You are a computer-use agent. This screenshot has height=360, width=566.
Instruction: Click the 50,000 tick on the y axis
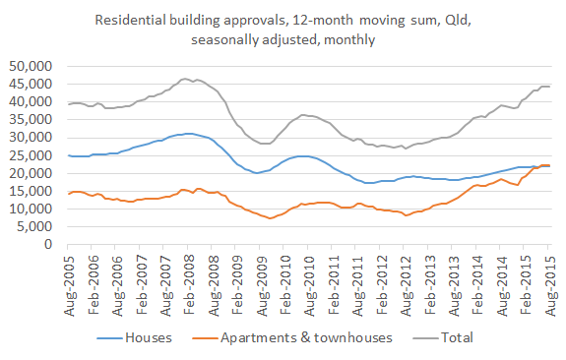34,66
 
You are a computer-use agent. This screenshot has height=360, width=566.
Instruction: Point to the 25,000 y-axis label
34,155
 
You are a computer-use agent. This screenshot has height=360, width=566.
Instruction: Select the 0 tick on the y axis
52,245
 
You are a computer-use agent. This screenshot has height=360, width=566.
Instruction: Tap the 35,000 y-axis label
34,120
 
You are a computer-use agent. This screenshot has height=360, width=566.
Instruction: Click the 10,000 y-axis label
34,210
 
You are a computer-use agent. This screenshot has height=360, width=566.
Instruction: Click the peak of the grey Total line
185,79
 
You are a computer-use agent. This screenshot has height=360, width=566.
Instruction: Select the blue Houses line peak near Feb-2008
187,133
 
